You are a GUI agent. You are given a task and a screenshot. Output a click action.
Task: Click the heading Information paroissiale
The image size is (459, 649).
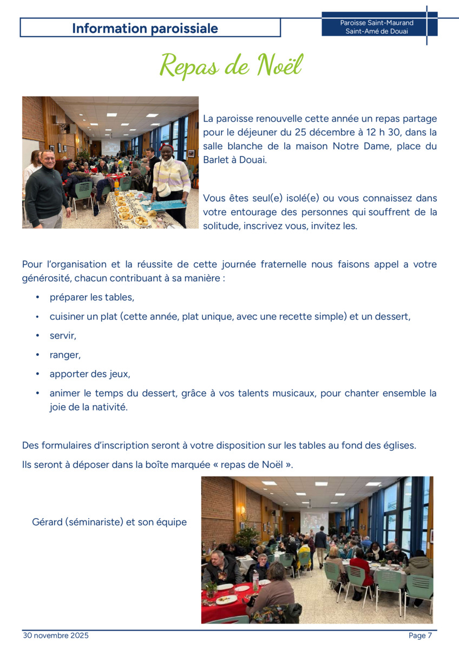pos(145,28)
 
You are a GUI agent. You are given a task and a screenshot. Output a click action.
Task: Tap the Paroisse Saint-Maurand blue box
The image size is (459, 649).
pos(377,27)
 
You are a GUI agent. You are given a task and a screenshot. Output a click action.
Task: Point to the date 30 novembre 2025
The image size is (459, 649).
pos(56,635)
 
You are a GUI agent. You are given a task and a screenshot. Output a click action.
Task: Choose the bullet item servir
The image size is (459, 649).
pos(63,336)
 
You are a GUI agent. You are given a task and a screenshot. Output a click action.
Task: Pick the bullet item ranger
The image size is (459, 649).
pos(65,355)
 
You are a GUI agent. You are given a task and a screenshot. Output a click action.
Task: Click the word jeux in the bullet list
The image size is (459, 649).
pos(120,374)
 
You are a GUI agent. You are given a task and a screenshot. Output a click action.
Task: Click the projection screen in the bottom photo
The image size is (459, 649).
pos(314,520)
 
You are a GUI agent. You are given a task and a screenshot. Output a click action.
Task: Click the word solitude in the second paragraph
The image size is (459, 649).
pos(221,226)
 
